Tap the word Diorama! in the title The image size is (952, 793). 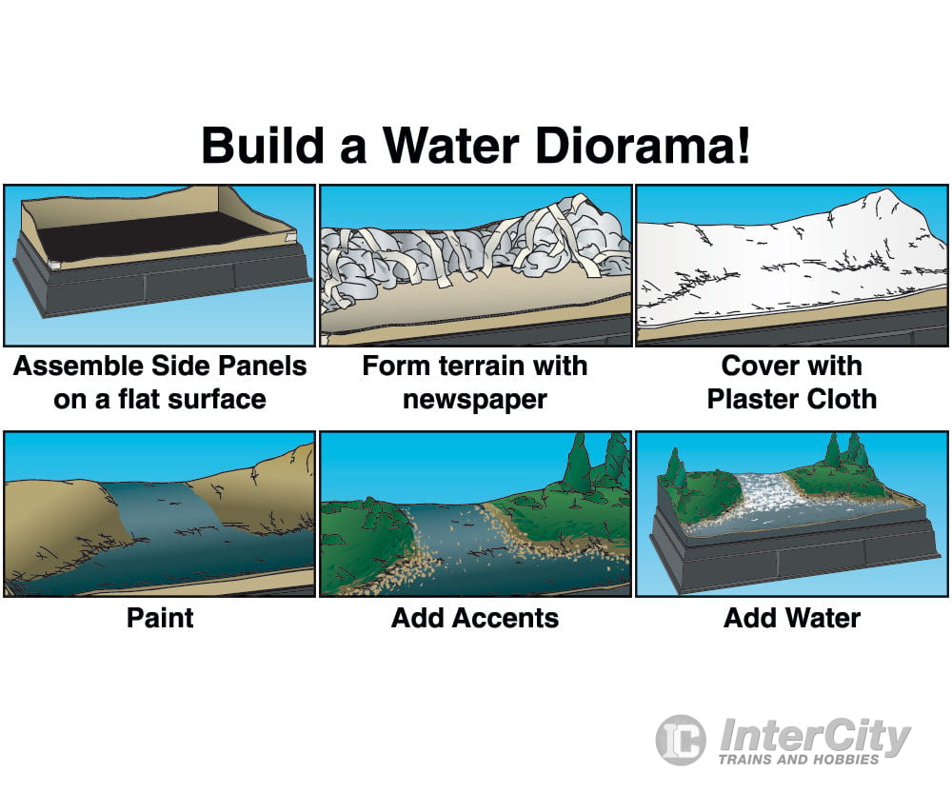656,148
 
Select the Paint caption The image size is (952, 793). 160,618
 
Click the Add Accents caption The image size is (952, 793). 475,618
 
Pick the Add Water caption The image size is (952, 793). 792,618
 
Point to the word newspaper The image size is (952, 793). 475,398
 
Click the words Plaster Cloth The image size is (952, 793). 792,398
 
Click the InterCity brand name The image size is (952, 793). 814,735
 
